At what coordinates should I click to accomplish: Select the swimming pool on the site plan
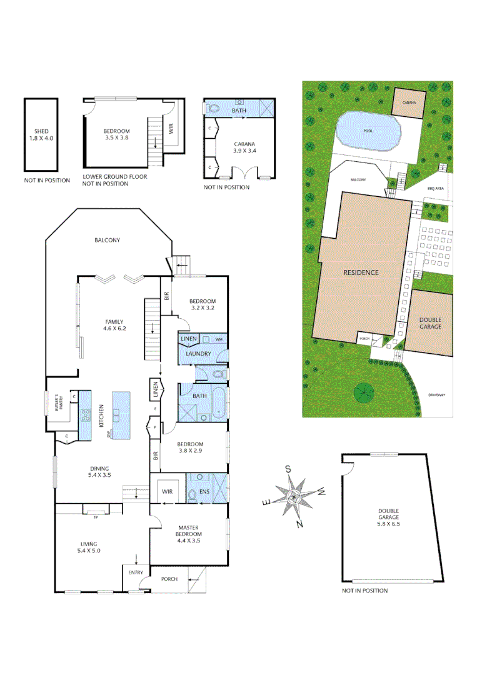368,131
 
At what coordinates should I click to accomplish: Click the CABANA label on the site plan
409,102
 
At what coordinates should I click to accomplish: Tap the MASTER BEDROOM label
188,531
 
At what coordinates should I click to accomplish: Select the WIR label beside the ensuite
168,492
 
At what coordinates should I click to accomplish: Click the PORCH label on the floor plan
169,579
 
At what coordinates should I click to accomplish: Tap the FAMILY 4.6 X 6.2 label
114,325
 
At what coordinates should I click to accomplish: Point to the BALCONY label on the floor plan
107,240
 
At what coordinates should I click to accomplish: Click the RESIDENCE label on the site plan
361,272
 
